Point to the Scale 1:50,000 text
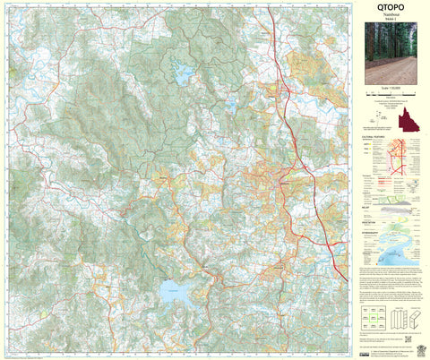[x=391, y=91]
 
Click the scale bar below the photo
[x=391, y=97]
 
